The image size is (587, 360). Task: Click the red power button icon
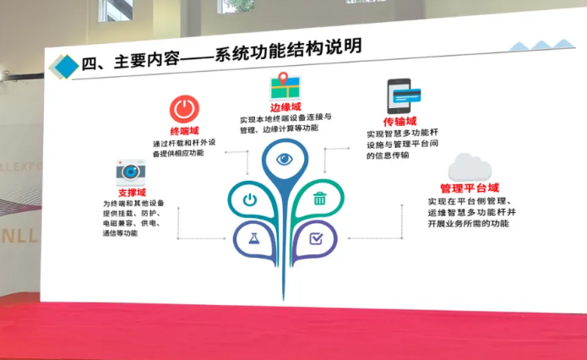pos(184,109)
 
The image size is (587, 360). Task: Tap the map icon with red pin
pos(285,86)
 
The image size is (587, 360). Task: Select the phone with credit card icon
pos(404,95)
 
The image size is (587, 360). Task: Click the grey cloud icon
pos(470,167)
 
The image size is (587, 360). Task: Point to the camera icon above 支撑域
pos(130,172)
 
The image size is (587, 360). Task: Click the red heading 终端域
pos(185,131)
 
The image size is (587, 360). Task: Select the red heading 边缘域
pos(285,107)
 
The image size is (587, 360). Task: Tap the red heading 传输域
pos(399,122)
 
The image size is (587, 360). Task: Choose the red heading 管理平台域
pos(470,188)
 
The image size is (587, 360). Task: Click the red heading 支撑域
pos(132,193)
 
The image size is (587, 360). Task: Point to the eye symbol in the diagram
pos(284,160)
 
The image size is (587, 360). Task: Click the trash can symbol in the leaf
pos(319,199)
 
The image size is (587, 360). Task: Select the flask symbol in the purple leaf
pos(254,238)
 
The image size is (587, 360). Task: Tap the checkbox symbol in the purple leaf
pos(316,238)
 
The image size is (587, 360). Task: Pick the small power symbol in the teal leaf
pos(250,200)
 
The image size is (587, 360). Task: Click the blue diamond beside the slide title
pos(64,67)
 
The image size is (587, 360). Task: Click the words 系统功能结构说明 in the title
pos(288,51)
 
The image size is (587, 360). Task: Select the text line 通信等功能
pos(120,233)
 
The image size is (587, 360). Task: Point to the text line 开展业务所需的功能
pos(468,224)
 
